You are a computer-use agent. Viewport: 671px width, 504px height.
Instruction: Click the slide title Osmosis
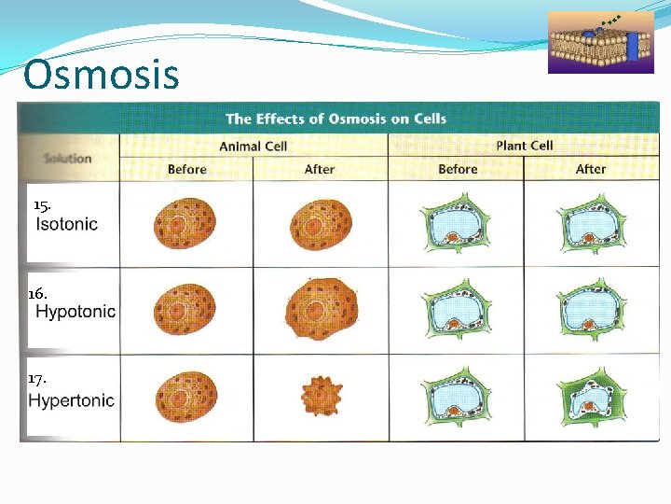pyautogui.click(x=101, y=75)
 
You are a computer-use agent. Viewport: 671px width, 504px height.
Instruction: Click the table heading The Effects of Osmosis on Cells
pyautogui.click(x=335, y=119)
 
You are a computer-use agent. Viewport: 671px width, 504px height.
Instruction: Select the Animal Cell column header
pyautogui.click(x=253, y=146)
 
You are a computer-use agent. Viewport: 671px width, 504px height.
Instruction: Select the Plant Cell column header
pyautogui.click(x=524, y=146)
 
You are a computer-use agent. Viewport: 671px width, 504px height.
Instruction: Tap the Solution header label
pyautogui.click(x=67, y=158)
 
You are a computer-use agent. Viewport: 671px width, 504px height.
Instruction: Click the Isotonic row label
pyautogui.click(x=66, y=224)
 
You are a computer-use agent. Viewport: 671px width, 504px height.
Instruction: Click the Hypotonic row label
pyautogui.click(x=75, y=312)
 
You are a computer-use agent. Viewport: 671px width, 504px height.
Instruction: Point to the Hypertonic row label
pyautogui.click(x=72, y=400)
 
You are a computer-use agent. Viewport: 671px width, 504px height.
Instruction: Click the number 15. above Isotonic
pyautogui.click(x=41, y=204)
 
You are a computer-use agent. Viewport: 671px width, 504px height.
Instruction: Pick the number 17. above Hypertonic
pyautogui.click(x=37, y=379)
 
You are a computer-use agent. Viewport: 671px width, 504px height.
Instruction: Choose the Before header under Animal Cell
pyautogui.click(x=186, y=169)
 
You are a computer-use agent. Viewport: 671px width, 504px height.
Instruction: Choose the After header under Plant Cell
pyautogui.click(x=591, y=169)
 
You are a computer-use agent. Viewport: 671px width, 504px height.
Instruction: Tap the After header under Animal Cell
pyautogui.click(x=320, y=169)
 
